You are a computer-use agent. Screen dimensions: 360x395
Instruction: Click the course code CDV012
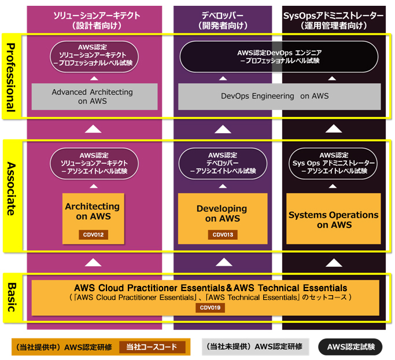94,234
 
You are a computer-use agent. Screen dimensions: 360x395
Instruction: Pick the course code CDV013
222,234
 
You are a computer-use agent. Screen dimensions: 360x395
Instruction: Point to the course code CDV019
209,307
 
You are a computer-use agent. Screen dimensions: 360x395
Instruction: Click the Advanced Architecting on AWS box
93,97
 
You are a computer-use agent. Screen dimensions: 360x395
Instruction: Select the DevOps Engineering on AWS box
279,97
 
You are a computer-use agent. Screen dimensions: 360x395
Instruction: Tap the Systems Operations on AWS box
334,219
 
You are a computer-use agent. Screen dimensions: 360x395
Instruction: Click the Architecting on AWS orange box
93,212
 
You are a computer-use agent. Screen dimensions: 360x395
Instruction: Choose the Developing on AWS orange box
222,214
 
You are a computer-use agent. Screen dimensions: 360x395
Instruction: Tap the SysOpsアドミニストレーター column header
334,20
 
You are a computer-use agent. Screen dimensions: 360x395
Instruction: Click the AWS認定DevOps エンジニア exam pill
279,56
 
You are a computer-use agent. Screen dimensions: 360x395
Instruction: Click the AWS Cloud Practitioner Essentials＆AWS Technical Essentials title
211,288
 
